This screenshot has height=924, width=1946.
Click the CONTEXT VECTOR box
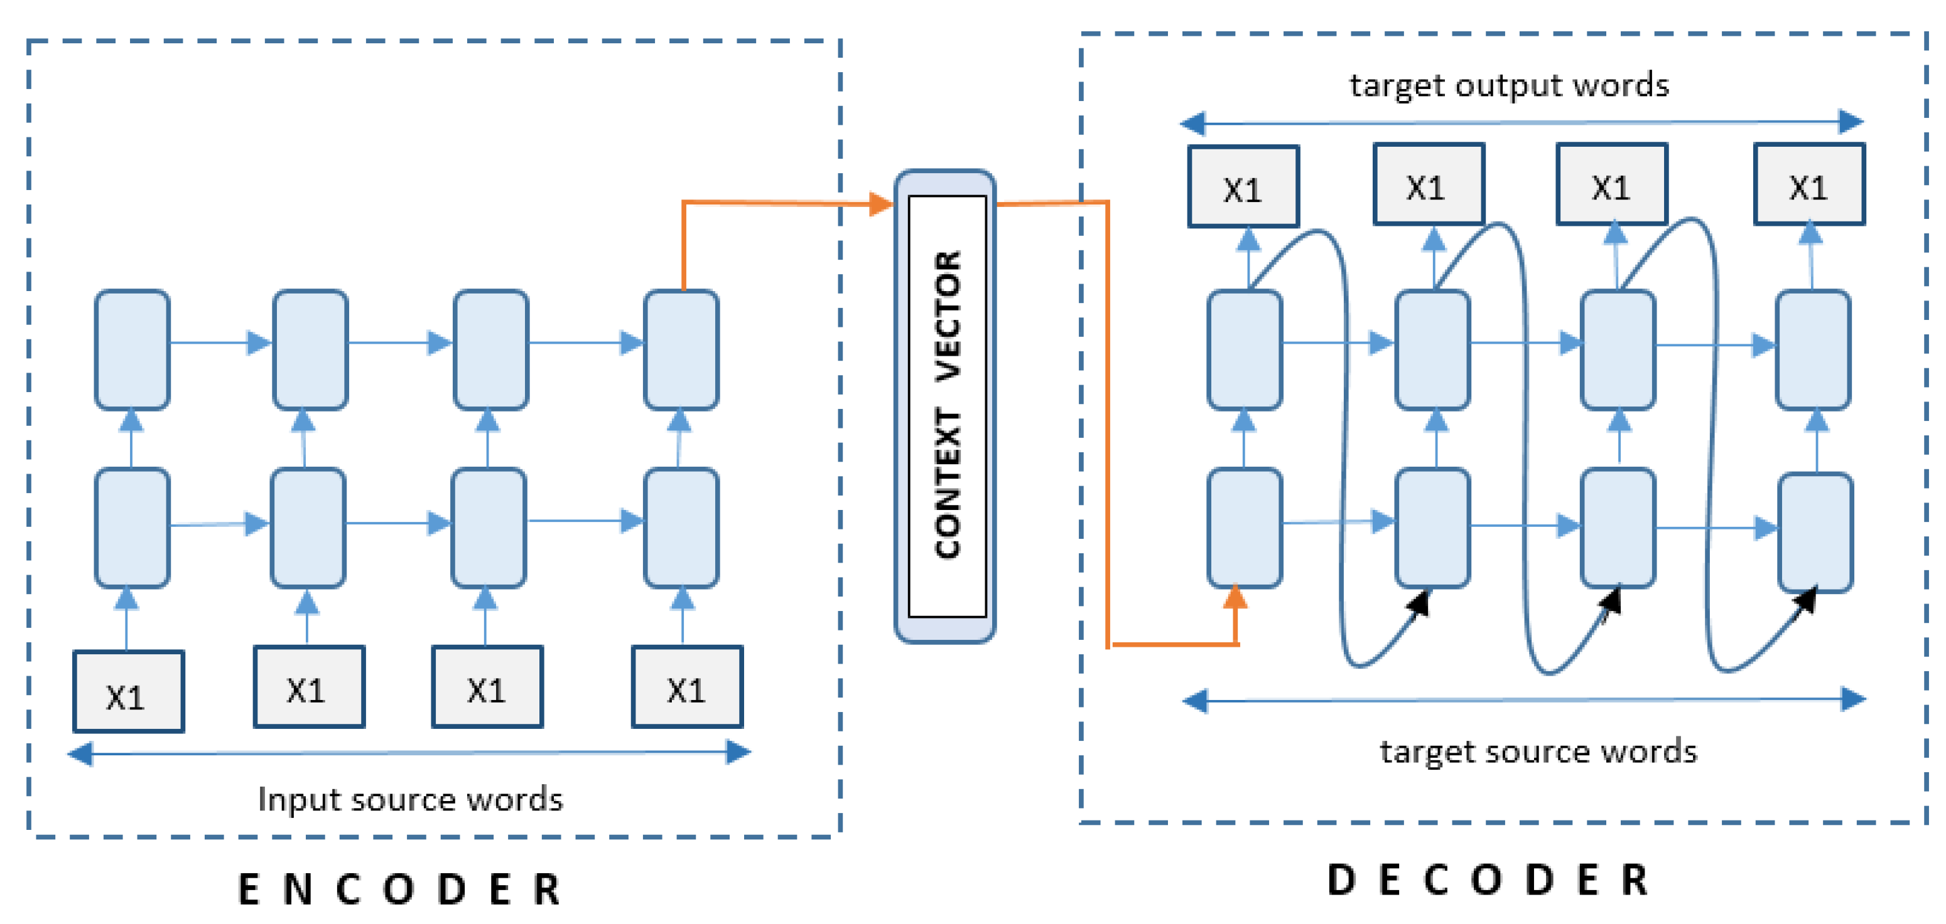(945, 406)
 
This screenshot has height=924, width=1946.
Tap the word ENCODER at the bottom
(399, 888)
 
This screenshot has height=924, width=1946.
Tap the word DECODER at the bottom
(1488, 880)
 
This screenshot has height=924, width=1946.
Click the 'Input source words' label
(410, 799)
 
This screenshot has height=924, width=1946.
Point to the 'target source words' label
(1538, 752)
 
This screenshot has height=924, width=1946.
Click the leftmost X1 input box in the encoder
(129, 691)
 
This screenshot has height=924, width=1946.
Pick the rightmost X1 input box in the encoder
(687, 687)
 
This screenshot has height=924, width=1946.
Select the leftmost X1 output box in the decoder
(1243, 186)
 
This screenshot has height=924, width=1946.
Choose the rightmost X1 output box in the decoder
(1808, 185)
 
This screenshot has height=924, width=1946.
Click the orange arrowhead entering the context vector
(880, 203)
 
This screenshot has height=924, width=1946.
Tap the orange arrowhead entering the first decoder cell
(1235, 597)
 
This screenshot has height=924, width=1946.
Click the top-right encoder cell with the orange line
(681, 349)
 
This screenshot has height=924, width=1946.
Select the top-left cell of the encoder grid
(132, 349)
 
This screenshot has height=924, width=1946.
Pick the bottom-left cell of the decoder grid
(1244, 528)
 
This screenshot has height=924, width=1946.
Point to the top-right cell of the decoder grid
(1812, 349)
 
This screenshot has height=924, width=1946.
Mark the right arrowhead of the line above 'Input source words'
(738, 752)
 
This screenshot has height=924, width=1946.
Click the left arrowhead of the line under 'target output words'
(1193, 122)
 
